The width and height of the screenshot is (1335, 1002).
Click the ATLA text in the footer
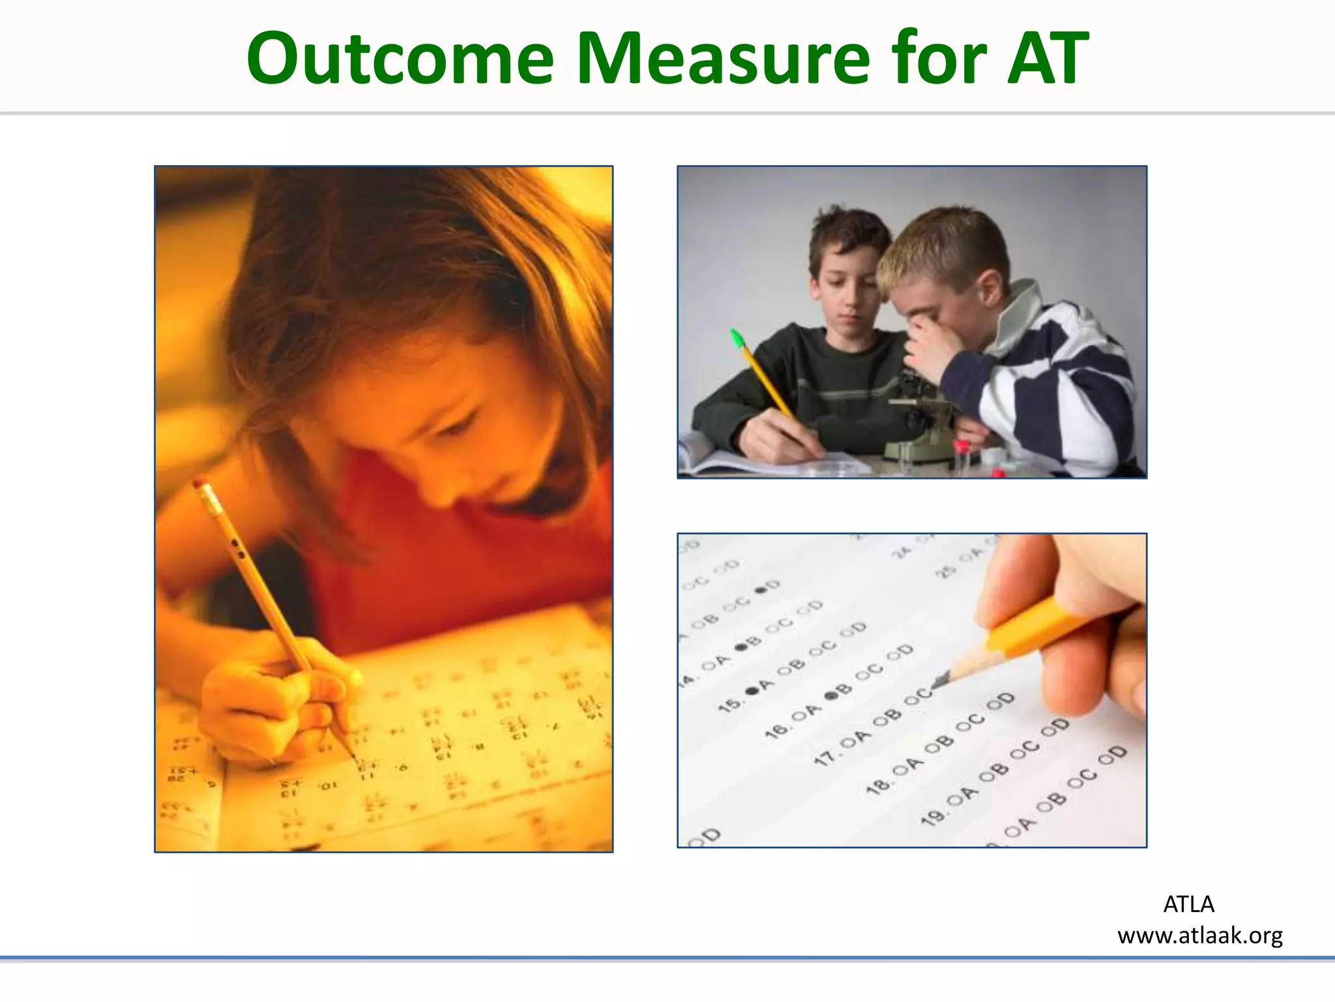(1188, 904)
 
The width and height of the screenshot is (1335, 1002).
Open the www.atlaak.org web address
(1199, 935)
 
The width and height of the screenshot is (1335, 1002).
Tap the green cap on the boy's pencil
(737, 338)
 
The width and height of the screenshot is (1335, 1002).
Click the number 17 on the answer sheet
(825, 757)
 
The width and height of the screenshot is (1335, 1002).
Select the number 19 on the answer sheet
(932, 815)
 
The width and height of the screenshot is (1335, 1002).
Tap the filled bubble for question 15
(752, 690)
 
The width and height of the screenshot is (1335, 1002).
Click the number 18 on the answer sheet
(877, 787)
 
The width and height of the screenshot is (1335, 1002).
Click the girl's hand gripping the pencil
(274, 705)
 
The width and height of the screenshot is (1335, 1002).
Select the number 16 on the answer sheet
(776, 730)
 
